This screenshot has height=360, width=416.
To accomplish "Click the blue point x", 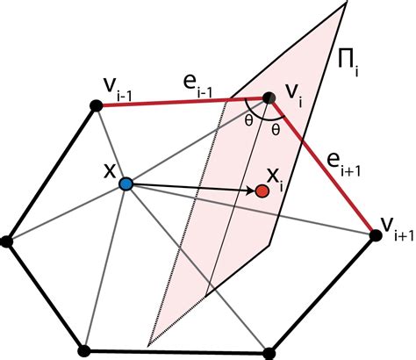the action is (126, 184).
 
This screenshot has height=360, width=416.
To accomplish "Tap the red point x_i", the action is (262, 191).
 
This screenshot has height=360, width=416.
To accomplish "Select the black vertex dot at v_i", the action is (269, 98).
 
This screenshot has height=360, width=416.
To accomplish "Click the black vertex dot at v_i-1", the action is (96, 105).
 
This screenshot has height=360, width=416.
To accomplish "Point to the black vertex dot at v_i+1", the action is (376, 235).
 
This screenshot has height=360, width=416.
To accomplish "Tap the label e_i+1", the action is (343, 165).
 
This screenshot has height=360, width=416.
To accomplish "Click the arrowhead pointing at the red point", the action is (251, 191).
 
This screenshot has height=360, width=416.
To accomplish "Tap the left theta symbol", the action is (248, 121).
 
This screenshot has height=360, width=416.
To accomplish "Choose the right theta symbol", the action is (276, 129).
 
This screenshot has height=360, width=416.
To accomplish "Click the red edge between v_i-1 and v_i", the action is (183, 102).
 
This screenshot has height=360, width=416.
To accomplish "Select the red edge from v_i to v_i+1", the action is (322, 167).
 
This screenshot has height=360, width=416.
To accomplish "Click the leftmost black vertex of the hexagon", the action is (6, 242).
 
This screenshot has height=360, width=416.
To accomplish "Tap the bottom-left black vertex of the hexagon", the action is (84, 351).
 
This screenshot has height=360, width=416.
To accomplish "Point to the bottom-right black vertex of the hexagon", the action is (269, 353).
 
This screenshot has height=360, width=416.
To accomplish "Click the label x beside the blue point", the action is (110, 172).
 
